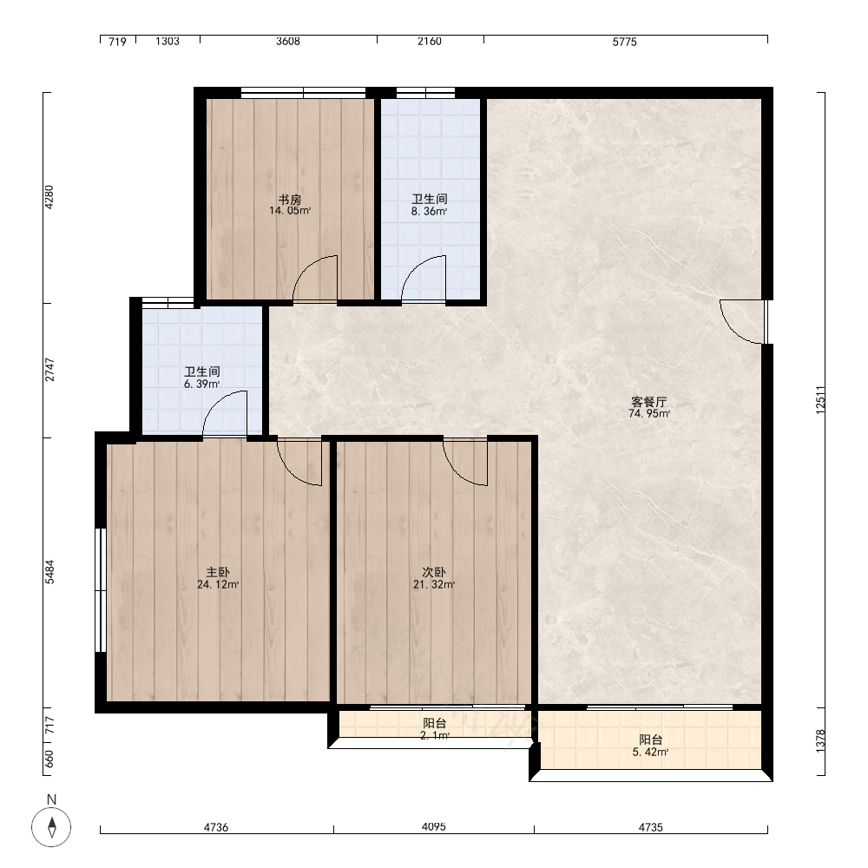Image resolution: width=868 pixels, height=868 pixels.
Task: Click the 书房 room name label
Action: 290,200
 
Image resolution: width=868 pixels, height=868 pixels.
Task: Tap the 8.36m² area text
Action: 429,211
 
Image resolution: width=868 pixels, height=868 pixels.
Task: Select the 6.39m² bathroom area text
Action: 202,384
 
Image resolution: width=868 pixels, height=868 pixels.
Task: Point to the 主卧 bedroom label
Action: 218,572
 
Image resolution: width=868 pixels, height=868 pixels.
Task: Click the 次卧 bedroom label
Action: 433,572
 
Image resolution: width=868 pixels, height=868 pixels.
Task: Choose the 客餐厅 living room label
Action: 648,402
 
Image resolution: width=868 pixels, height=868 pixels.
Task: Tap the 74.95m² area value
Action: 648,413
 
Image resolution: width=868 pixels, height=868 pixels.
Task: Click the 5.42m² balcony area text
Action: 650,752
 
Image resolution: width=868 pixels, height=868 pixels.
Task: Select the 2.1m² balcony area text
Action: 435,735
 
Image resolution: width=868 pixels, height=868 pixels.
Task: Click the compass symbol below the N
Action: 51,827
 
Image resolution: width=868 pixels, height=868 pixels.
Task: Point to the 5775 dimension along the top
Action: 624,42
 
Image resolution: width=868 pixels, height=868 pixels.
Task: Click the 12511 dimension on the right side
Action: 820,399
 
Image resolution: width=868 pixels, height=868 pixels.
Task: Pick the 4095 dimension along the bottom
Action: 433,826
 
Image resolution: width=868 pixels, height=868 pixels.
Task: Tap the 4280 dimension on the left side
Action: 49,197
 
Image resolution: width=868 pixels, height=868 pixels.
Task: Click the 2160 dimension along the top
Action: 430,42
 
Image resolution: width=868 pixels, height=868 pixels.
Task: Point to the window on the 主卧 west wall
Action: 100,590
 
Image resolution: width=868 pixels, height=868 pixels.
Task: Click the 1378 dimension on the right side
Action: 820,740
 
